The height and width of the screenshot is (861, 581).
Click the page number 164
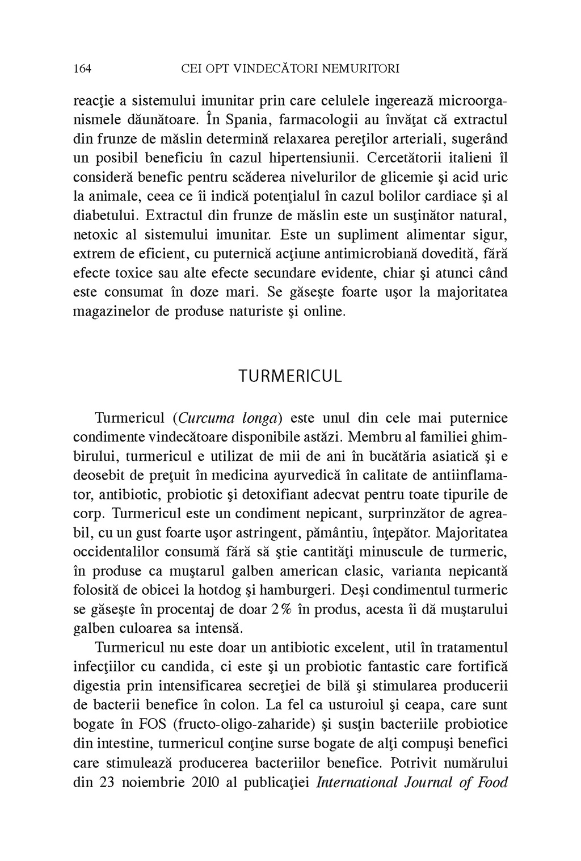point(83,69)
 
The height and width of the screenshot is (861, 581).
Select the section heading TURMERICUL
point(290,377)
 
